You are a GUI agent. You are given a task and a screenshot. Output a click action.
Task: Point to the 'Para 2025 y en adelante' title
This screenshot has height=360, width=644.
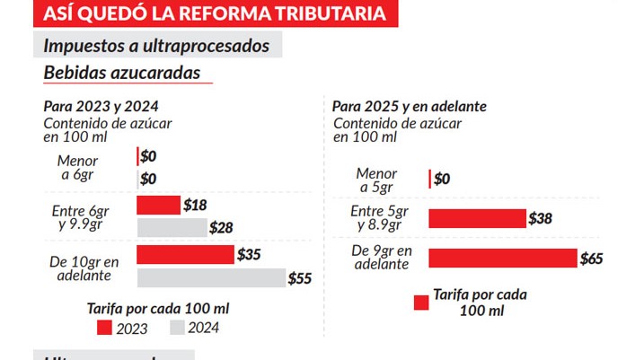click(410, 106)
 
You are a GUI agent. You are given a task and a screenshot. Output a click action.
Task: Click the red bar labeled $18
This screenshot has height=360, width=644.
click(158, 206)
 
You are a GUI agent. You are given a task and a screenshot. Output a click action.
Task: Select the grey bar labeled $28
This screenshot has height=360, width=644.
click(172, 227)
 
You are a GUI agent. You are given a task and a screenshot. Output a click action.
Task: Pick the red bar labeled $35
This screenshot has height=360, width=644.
click(185, 255)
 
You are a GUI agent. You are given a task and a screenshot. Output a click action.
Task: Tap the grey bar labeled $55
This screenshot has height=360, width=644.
click(210, 278)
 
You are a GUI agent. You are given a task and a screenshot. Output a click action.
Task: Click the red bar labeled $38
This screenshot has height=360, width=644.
click(477, 218)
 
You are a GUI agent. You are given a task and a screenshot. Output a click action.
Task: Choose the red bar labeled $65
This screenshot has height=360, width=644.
click(502, 259)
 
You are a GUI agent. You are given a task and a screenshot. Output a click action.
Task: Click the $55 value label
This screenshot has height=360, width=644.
click(300, 278)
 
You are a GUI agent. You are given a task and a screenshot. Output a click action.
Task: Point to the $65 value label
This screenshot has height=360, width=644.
click(591, 259)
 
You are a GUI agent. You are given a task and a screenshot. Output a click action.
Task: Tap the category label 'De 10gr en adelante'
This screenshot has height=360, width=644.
click(84, 268)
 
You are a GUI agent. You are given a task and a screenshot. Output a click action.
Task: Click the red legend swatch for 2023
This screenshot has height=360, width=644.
click(104, 328)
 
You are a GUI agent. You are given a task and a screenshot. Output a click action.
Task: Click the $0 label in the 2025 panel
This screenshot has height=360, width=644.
click(442, 179)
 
